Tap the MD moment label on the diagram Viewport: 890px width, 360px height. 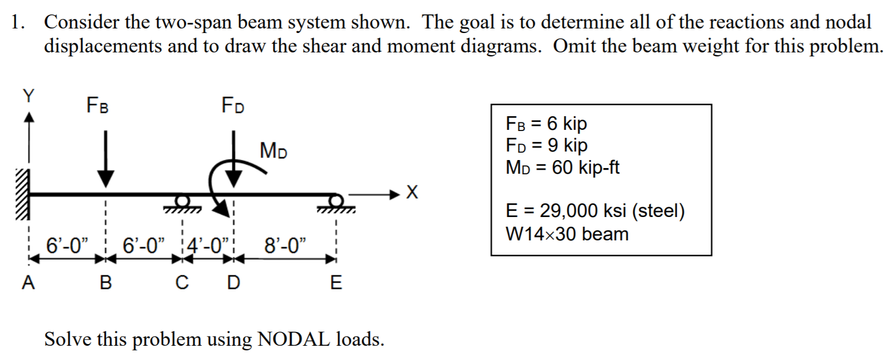pos(273,152)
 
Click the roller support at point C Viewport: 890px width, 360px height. pos(182,203)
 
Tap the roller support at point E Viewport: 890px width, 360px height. pos(336,203)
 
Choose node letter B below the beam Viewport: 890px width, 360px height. pos(105,283)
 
